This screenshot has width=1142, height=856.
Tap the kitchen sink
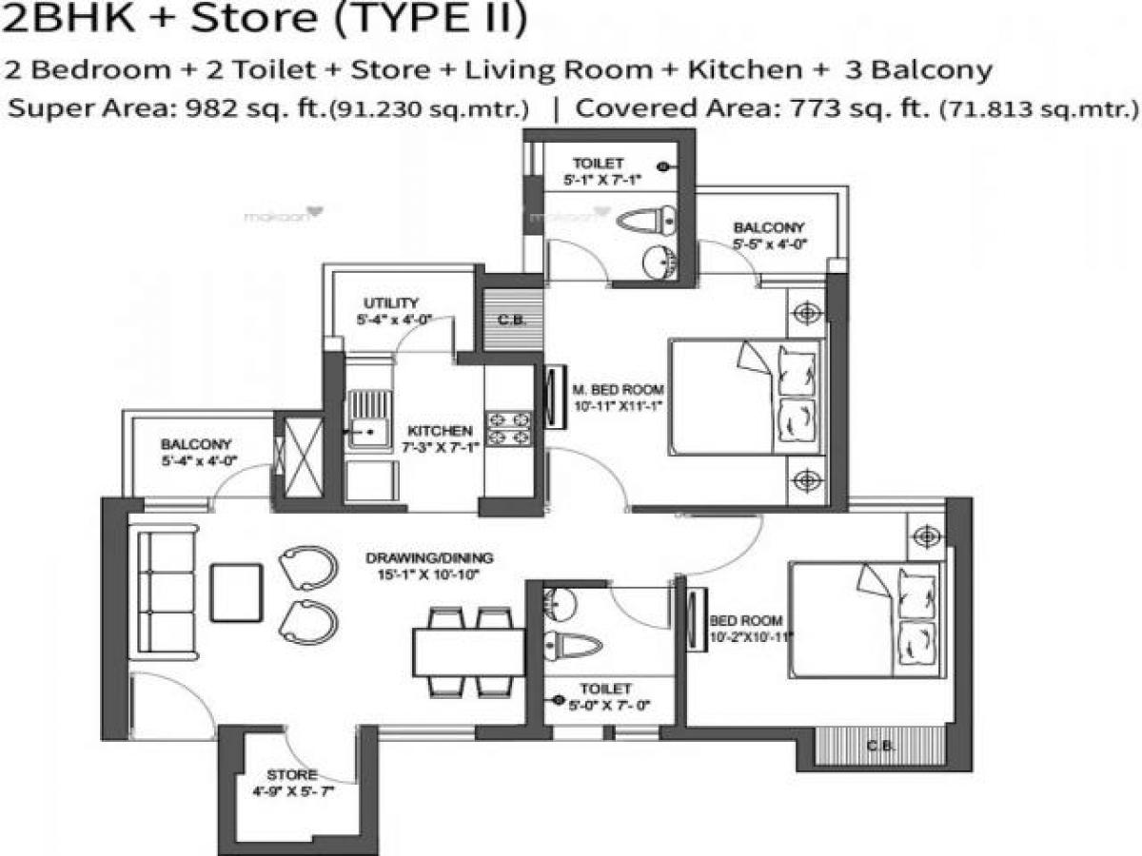click(x=368, y=419)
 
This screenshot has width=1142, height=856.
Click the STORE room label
click(x=292, y=775)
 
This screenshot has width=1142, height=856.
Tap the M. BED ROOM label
click(x=618, y=390)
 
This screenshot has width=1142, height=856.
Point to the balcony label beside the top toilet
click(x=768, y=228)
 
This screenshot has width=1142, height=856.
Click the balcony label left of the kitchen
click(x=196, y=444)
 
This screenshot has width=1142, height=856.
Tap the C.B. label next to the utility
click(x=506, y=320)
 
